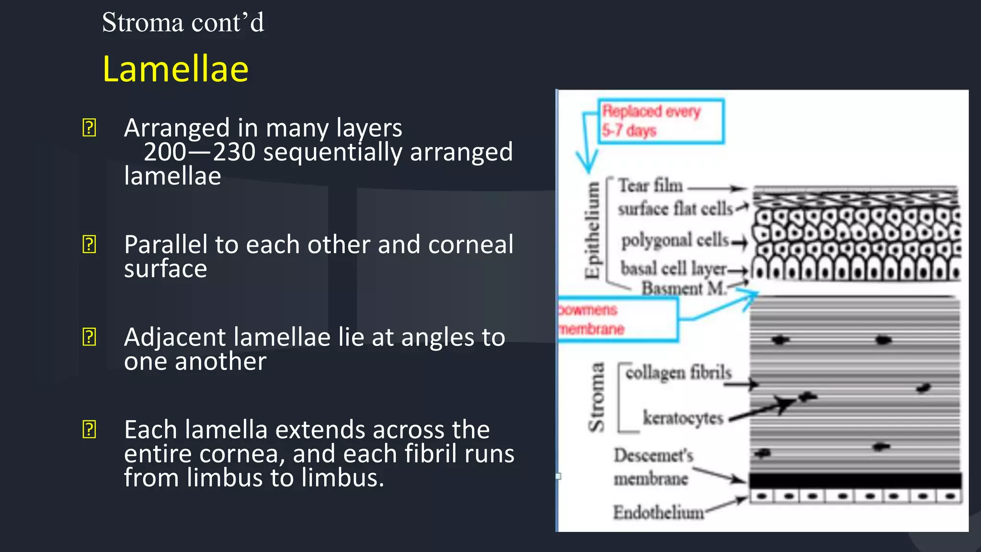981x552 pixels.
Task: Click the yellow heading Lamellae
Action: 175,69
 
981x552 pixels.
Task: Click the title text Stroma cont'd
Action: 183,23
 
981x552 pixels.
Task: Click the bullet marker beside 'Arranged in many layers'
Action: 89,128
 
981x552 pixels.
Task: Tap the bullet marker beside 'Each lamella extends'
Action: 89,429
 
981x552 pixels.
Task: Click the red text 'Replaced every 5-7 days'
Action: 651,120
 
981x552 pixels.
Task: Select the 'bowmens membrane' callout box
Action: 618,319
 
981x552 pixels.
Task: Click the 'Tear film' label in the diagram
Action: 650,186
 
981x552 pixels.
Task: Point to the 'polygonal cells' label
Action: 675,240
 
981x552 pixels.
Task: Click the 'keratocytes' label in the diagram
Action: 683,418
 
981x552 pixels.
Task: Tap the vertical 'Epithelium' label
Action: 593,230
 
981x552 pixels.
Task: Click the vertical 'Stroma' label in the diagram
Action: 596,397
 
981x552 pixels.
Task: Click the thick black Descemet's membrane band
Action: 855,480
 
